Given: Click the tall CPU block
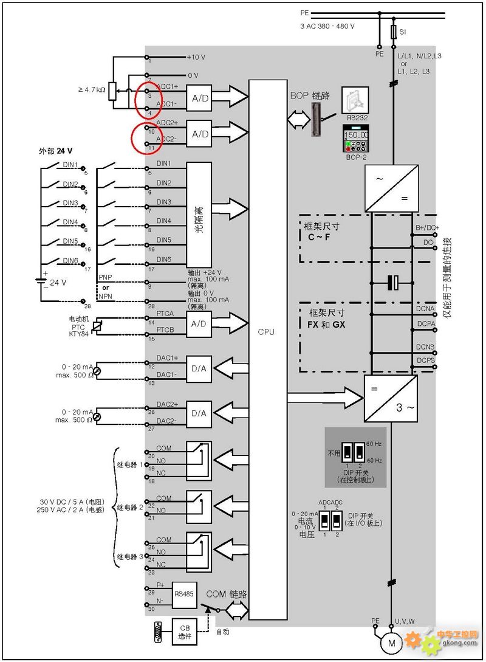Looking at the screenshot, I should coord(267,350).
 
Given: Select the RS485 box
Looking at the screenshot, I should coord(184,593).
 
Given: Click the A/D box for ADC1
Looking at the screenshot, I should coord(199,99).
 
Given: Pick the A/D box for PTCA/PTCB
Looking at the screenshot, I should coord(199,323).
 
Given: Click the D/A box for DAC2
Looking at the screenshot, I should coord(199,413).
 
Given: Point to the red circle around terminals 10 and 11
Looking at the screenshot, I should coord(146,137).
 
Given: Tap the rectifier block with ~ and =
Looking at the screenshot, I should coord(391,190).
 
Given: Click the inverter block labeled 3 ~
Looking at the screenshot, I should coord(391,398).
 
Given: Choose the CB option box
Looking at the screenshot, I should coord(185,632).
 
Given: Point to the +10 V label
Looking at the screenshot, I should coord(196,57).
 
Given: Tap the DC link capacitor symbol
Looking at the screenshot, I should coord(394,282).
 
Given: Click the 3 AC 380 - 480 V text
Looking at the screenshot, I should coord(327,27).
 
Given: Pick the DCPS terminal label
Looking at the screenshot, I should coord(425,360).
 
